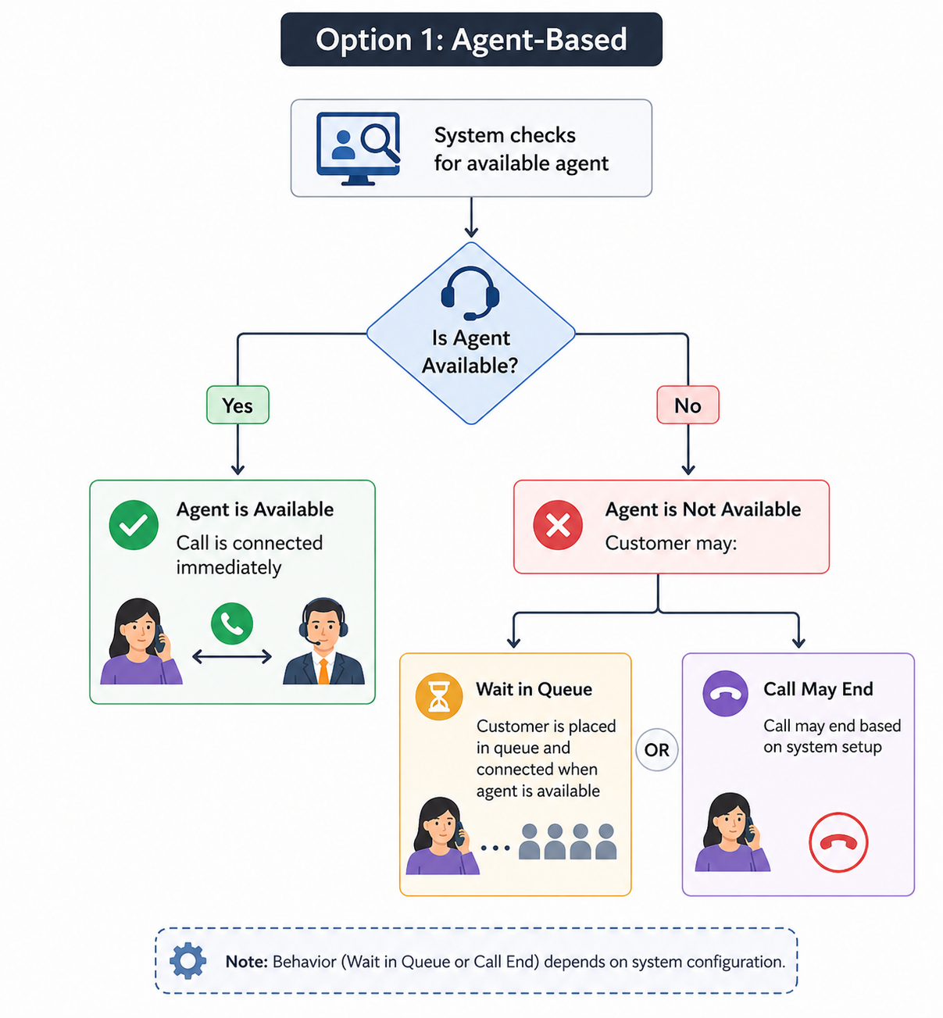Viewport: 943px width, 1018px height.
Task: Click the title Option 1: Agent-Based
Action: [471, 40]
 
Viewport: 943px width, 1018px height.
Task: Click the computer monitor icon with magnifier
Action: [358, 148]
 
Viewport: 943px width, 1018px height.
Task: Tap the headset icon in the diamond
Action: [470, 293]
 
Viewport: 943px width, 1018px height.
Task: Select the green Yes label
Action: [238, 405]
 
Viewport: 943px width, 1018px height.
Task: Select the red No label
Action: [688, 405]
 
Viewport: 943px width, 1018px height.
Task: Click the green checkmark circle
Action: [134, 525]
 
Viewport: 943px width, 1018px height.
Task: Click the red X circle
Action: [557, 525]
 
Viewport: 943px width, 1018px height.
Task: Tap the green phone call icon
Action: [232, 623]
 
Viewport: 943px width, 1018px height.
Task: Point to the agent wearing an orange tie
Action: [323, 641]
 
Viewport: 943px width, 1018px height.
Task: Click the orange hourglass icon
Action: [439, 697]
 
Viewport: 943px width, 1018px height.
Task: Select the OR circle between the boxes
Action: [657, 749]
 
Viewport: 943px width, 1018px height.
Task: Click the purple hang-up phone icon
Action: [725, 694]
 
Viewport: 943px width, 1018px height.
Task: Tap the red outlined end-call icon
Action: [838, 842]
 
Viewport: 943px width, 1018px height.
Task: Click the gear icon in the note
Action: [188, 961]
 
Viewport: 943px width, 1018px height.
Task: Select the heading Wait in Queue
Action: [534, 689]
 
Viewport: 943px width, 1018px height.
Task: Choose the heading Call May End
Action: [818, 689]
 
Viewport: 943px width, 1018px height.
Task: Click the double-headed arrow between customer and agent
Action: [232, 656]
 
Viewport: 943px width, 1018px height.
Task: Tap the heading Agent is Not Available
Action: [702, 509]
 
